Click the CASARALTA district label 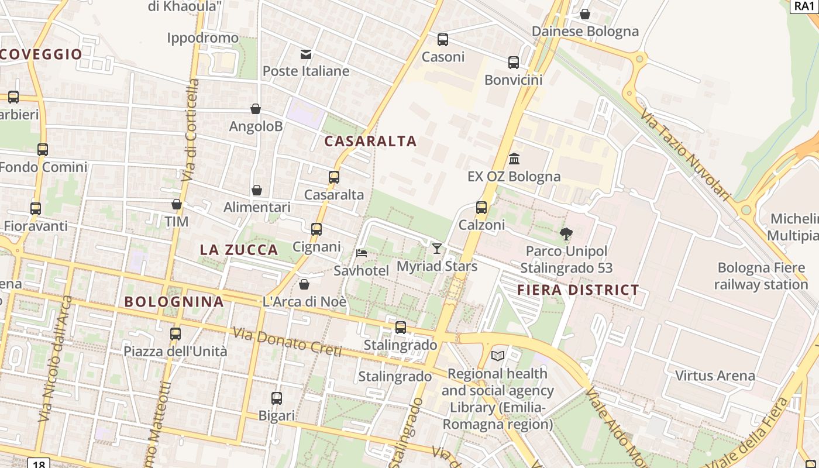[x=370, y=141]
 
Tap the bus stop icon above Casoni [x=443, y=40]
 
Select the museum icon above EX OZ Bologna [x=514, y=159]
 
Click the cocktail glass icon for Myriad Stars [x=437, y=249]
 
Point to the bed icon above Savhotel [x=362, y=253]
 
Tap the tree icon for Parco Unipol [x=566, y=234]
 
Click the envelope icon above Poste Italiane [x=306, y=54]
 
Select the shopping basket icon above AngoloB [x=256, y=109]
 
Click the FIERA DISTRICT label [x=578, y=290]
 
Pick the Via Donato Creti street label [x=287, y=342]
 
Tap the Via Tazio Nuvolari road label [x=685, y=154]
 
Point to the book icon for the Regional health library [x=498, y=356]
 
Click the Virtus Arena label [x=715, y=376]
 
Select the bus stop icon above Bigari [x=277, y=398]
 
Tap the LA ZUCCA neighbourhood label [x=239, y=250]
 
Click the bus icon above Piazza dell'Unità [x=175, y=334]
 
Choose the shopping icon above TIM [x=177, y=204]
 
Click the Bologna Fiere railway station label [x=760, y=276]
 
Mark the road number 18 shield [x=39, y=464]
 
